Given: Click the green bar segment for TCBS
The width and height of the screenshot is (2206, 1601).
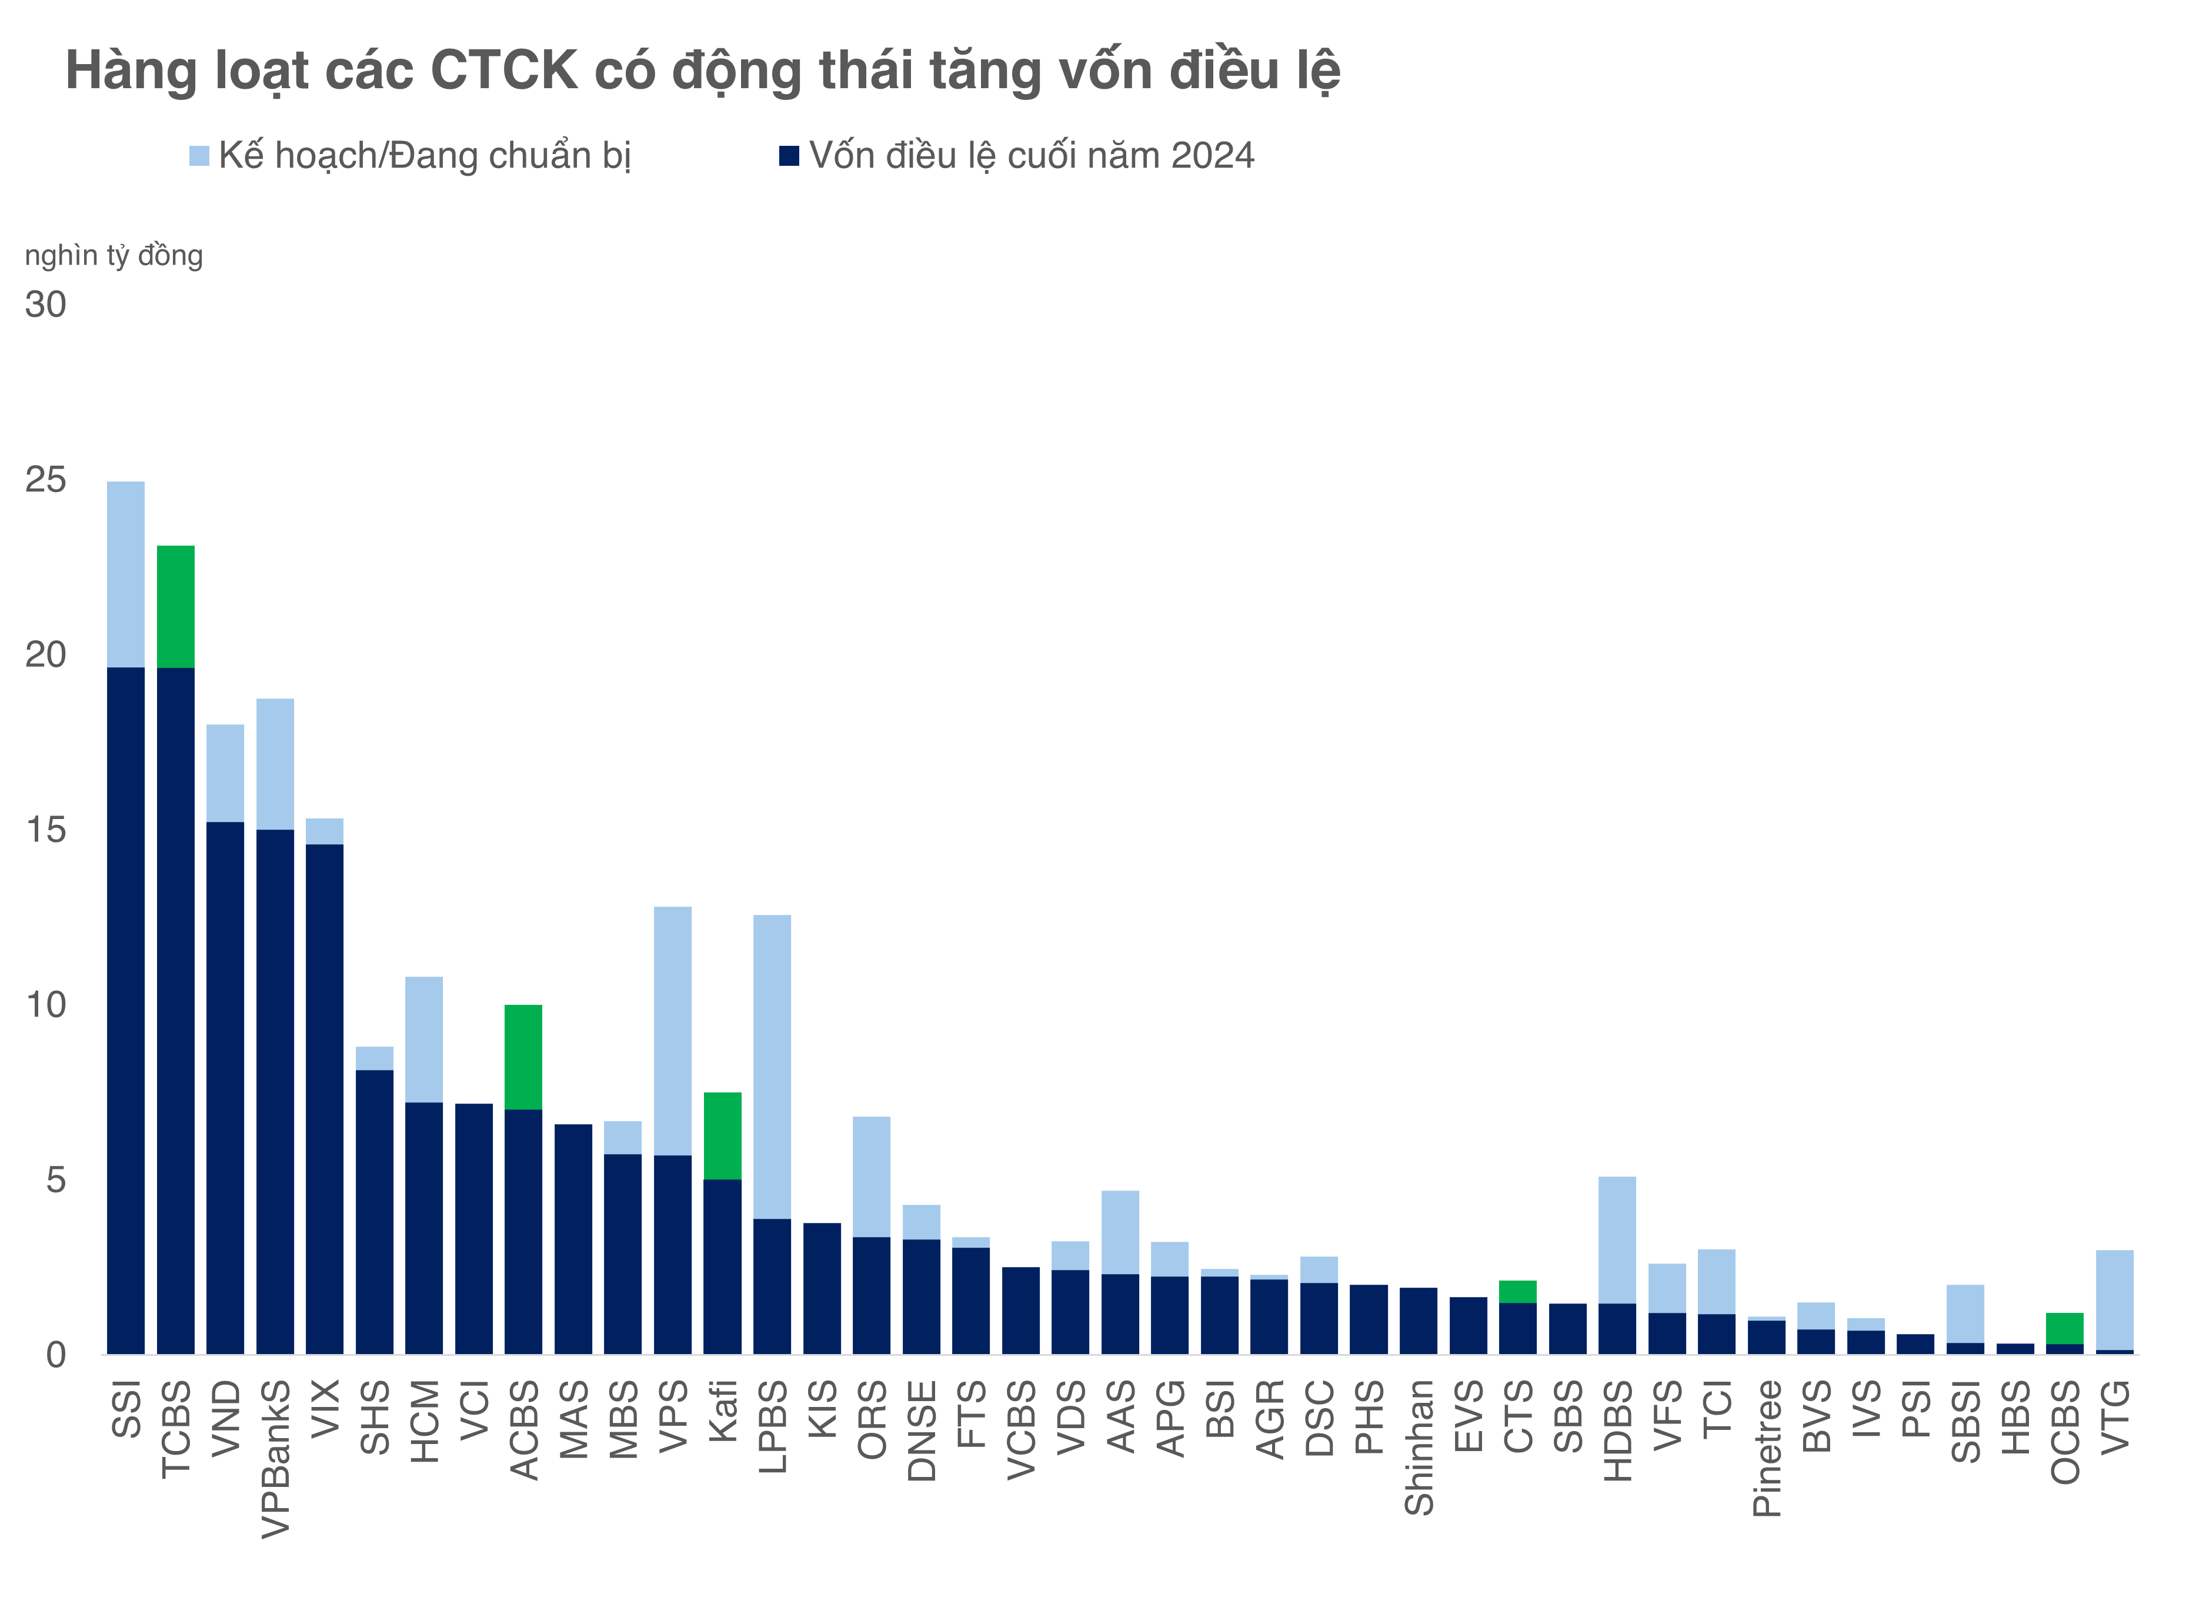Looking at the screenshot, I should (176, 607).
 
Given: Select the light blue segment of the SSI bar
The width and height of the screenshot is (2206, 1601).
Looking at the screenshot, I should (125, 574).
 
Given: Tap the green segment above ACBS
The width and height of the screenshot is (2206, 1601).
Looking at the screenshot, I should (523, 1057).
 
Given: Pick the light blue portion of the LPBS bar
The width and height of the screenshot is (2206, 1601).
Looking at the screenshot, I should (772, 1067).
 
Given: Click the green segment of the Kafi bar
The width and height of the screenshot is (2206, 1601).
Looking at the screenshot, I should (723, 1136).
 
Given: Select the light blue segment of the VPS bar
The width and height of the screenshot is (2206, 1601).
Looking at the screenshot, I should (673, 1031).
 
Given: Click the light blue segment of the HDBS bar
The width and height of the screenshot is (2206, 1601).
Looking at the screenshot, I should (1617, 1240).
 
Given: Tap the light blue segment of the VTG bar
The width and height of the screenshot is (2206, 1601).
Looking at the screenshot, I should (2115, 1301).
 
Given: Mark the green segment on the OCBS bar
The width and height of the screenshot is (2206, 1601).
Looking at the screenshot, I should (2065, 1329).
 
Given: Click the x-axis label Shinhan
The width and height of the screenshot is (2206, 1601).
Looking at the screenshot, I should (1419, 1448).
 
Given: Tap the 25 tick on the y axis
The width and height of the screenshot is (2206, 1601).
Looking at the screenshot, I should (46, 480).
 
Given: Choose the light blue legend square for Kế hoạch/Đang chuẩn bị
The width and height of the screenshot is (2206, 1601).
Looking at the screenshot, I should (199, 156).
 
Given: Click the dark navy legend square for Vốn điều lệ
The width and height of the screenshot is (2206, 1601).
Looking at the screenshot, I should (789, 156).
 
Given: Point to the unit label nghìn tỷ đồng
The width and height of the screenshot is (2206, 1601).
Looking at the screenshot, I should (114, 256).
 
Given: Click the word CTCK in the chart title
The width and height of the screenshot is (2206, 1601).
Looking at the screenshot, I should (504, 71).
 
